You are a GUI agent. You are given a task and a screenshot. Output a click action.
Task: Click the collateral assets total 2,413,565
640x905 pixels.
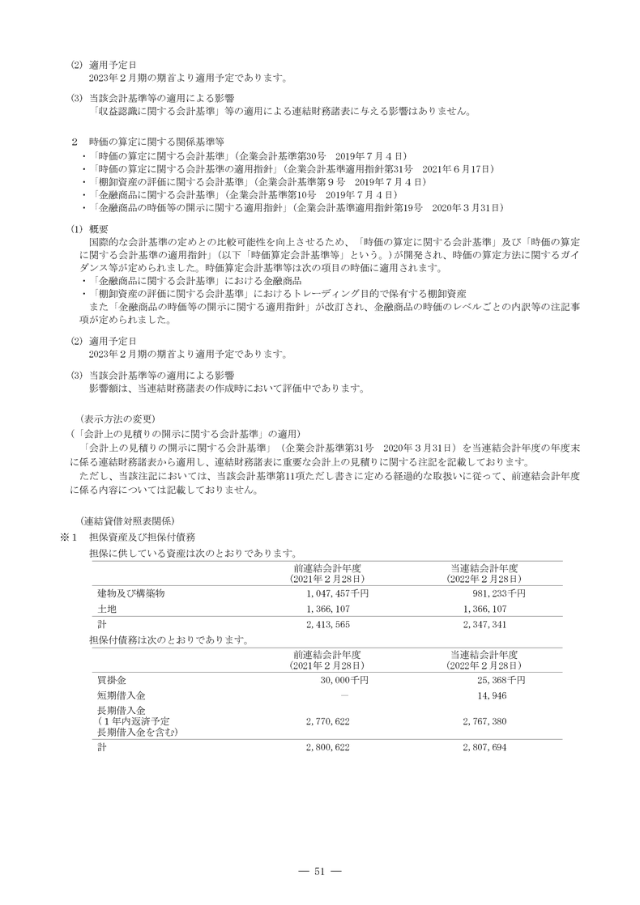point(327,625)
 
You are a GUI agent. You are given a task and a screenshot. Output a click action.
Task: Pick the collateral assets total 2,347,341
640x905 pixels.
point(484,625)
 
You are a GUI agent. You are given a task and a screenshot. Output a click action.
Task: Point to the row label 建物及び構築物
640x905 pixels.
point(131,593)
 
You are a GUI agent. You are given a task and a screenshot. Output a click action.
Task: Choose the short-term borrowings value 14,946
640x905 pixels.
point(493,695)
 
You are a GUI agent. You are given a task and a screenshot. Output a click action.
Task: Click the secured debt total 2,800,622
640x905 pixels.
point(327,747)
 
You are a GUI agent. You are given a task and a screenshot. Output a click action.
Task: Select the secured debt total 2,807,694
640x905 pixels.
point(484,747)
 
